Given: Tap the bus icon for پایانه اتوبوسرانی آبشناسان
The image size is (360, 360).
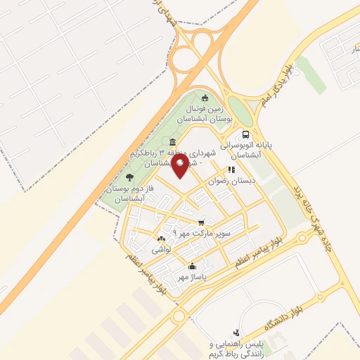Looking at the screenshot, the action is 245,134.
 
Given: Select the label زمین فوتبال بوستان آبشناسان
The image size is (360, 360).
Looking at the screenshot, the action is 204,115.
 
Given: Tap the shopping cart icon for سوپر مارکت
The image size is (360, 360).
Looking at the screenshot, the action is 202,221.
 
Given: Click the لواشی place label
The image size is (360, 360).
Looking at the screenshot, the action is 161,250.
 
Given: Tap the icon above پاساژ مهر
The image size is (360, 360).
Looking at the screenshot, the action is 192,266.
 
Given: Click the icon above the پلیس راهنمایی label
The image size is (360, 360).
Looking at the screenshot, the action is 236,332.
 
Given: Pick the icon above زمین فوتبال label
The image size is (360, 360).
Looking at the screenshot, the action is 205,98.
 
